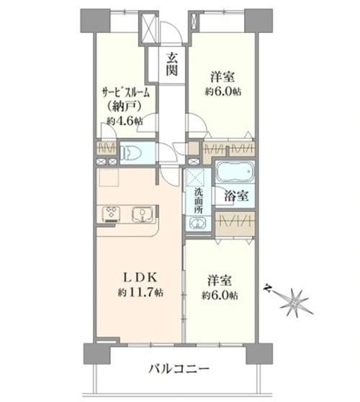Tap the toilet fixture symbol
point(131,152)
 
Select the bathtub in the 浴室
point(235,171)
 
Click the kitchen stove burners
point(112,214)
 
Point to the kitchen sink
point(143,214)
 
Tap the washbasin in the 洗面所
point(197,222)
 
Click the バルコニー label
point(179,369)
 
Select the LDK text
point(140,277)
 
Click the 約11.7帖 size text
point(140,292)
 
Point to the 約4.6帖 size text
point(125,121)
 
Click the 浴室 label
point(236,196)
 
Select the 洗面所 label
point(198,201)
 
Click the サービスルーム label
point(125,93)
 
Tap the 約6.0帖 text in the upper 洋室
point(222,91)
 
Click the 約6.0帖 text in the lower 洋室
point(220,296)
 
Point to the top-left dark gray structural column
point(96,21)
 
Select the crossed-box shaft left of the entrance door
point(148,25)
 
